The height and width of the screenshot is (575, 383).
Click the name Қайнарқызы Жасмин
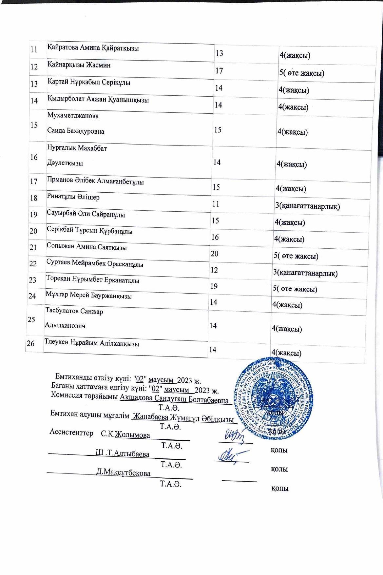click(79, 65)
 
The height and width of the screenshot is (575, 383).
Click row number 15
click(34, 125)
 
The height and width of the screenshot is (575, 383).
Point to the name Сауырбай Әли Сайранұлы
click(86, 215)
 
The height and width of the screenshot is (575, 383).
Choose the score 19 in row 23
click(214, 286)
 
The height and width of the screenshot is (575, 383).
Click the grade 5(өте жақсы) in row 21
click(296, 256)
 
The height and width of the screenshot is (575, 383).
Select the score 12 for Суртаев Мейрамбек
click(214, 270)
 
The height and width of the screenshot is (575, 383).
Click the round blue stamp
click(274, 398)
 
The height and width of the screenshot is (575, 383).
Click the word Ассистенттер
click(71, 433)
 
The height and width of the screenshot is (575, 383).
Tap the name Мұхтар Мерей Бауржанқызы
click(89, 296)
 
